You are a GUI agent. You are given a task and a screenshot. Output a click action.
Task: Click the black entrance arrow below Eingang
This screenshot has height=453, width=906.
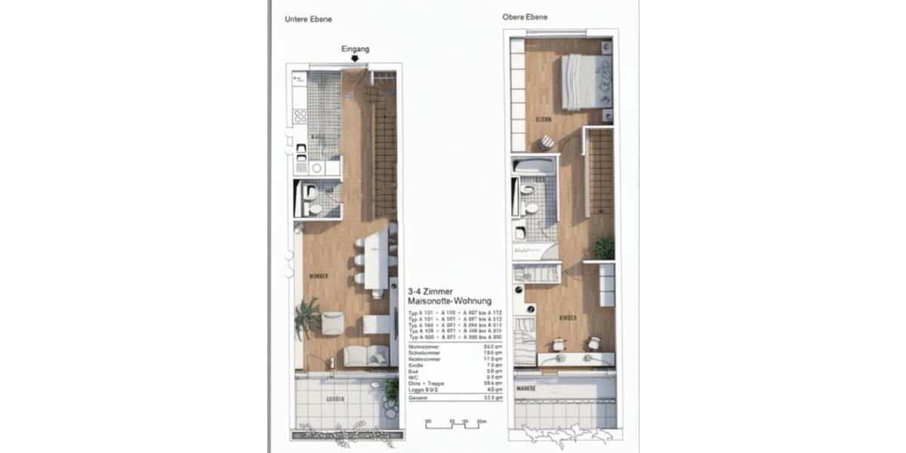point(355,58)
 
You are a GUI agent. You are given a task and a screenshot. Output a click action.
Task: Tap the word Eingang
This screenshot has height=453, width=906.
point(355,49)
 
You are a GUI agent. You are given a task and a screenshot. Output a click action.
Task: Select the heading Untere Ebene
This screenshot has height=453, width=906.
point(308,20)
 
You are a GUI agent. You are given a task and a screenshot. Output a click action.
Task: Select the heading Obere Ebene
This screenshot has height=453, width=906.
point(525,17)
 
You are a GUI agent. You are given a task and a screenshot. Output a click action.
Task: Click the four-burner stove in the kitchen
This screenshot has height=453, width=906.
point(300,116)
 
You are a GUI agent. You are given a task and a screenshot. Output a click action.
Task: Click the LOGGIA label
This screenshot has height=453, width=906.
point(335,398)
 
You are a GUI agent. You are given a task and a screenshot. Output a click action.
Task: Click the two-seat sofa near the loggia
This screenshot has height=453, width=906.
point(366,356)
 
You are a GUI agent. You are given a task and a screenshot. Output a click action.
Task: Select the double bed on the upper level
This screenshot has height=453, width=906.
point(585,82)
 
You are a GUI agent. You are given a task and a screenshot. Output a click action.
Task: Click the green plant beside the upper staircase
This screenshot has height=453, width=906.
point(603,247)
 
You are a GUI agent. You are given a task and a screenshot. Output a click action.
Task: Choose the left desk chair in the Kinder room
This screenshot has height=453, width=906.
point(559,344)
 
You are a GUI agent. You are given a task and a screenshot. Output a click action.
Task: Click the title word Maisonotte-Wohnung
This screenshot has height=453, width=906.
point(449,301)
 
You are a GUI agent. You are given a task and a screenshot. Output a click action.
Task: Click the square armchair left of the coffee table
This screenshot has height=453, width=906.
point(332,323)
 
